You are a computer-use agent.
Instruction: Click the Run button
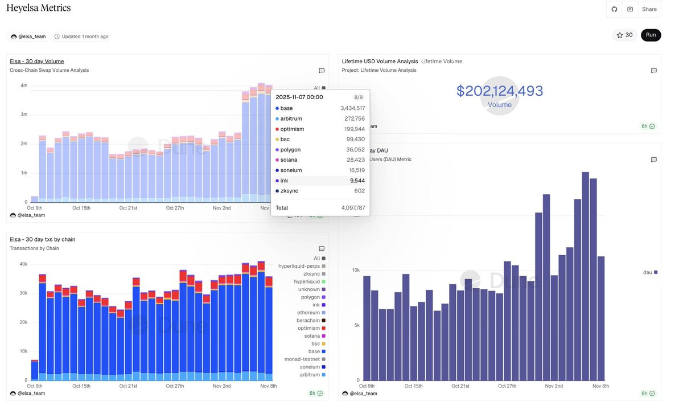[x=651, y=35]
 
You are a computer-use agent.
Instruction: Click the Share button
[x=649, y=9]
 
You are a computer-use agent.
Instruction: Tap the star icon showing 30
[x=624, y=35]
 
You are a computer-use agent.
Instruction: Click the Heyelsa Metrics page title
[x=39, y=8]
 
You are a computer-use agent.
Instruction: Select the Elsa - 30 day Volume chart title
[x=37, y=61]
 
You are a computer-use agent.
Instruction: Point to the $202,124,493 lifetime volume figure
[x=499, y=91]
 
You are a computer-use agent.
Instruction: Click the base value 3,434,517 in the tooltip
[x=352, y=108]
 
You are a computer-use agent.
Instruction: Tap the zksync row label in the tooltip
[x=290, y=191]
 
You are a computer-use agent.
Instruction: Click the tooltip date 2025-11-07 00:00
[x=299, y=97]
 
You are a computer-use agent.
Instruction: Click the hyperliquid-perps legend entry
[x=299, y=266]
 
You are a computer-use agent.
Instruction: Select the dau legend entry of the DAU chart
[x=650, y=272]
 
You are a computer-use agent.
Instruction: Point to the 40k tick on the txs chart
[x=23, y=264]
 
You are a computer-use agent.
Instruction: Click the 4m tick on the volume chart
[x=24, y=85]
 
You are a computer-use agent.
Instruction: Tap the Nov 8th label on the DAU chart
[x=600, y=386]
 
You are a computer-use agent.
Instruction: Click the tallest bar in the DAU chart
[x=585, y=276]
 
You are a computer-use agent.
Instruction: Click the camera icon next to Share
[x=630, y=9]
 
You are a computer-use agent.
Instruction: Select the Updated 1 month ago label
[x=81, y=36]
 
